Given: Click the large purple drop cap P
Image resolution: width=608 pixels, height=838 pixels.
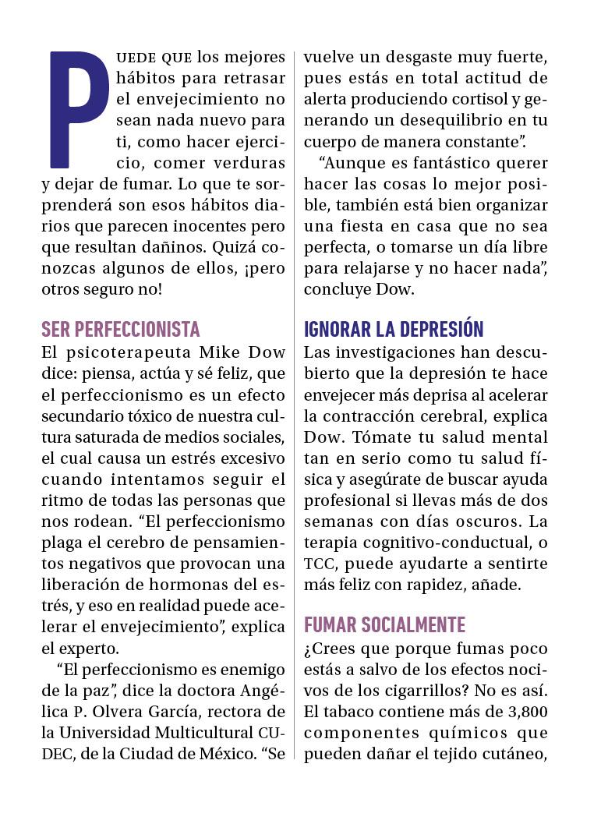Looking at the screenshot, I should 78,109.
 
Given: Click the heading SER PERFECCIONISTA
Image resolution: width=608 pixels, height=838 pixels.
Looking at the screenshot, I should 120,329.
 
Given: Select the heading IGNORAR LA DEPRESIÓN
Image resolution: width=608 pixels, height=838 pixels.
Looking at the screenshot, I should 394,329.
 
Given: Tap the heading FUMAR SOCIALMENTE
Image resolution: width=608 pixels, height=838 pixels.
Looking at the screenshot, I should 384,625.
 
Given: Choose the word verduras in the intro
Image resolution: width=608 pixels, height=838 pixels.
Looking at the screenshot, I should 251,164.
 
